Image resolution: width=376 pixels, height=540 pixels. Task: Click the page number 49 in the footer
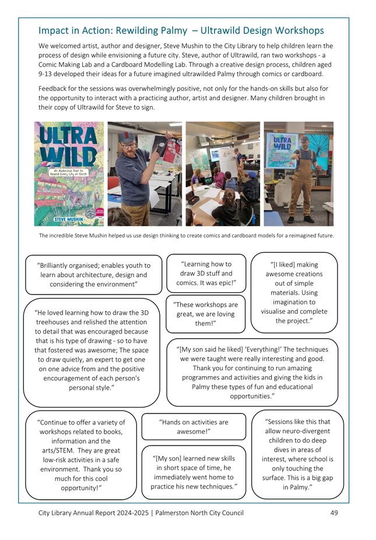point(333,513)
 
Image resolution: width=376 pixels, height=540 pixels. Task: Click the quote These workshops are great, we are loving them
point(206,314)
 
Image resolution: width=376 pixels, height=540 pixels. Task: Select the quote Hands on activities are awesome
point(194,426)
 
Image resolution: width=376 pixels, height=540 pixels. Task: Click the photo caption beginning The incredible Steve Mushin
point(187,236)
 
